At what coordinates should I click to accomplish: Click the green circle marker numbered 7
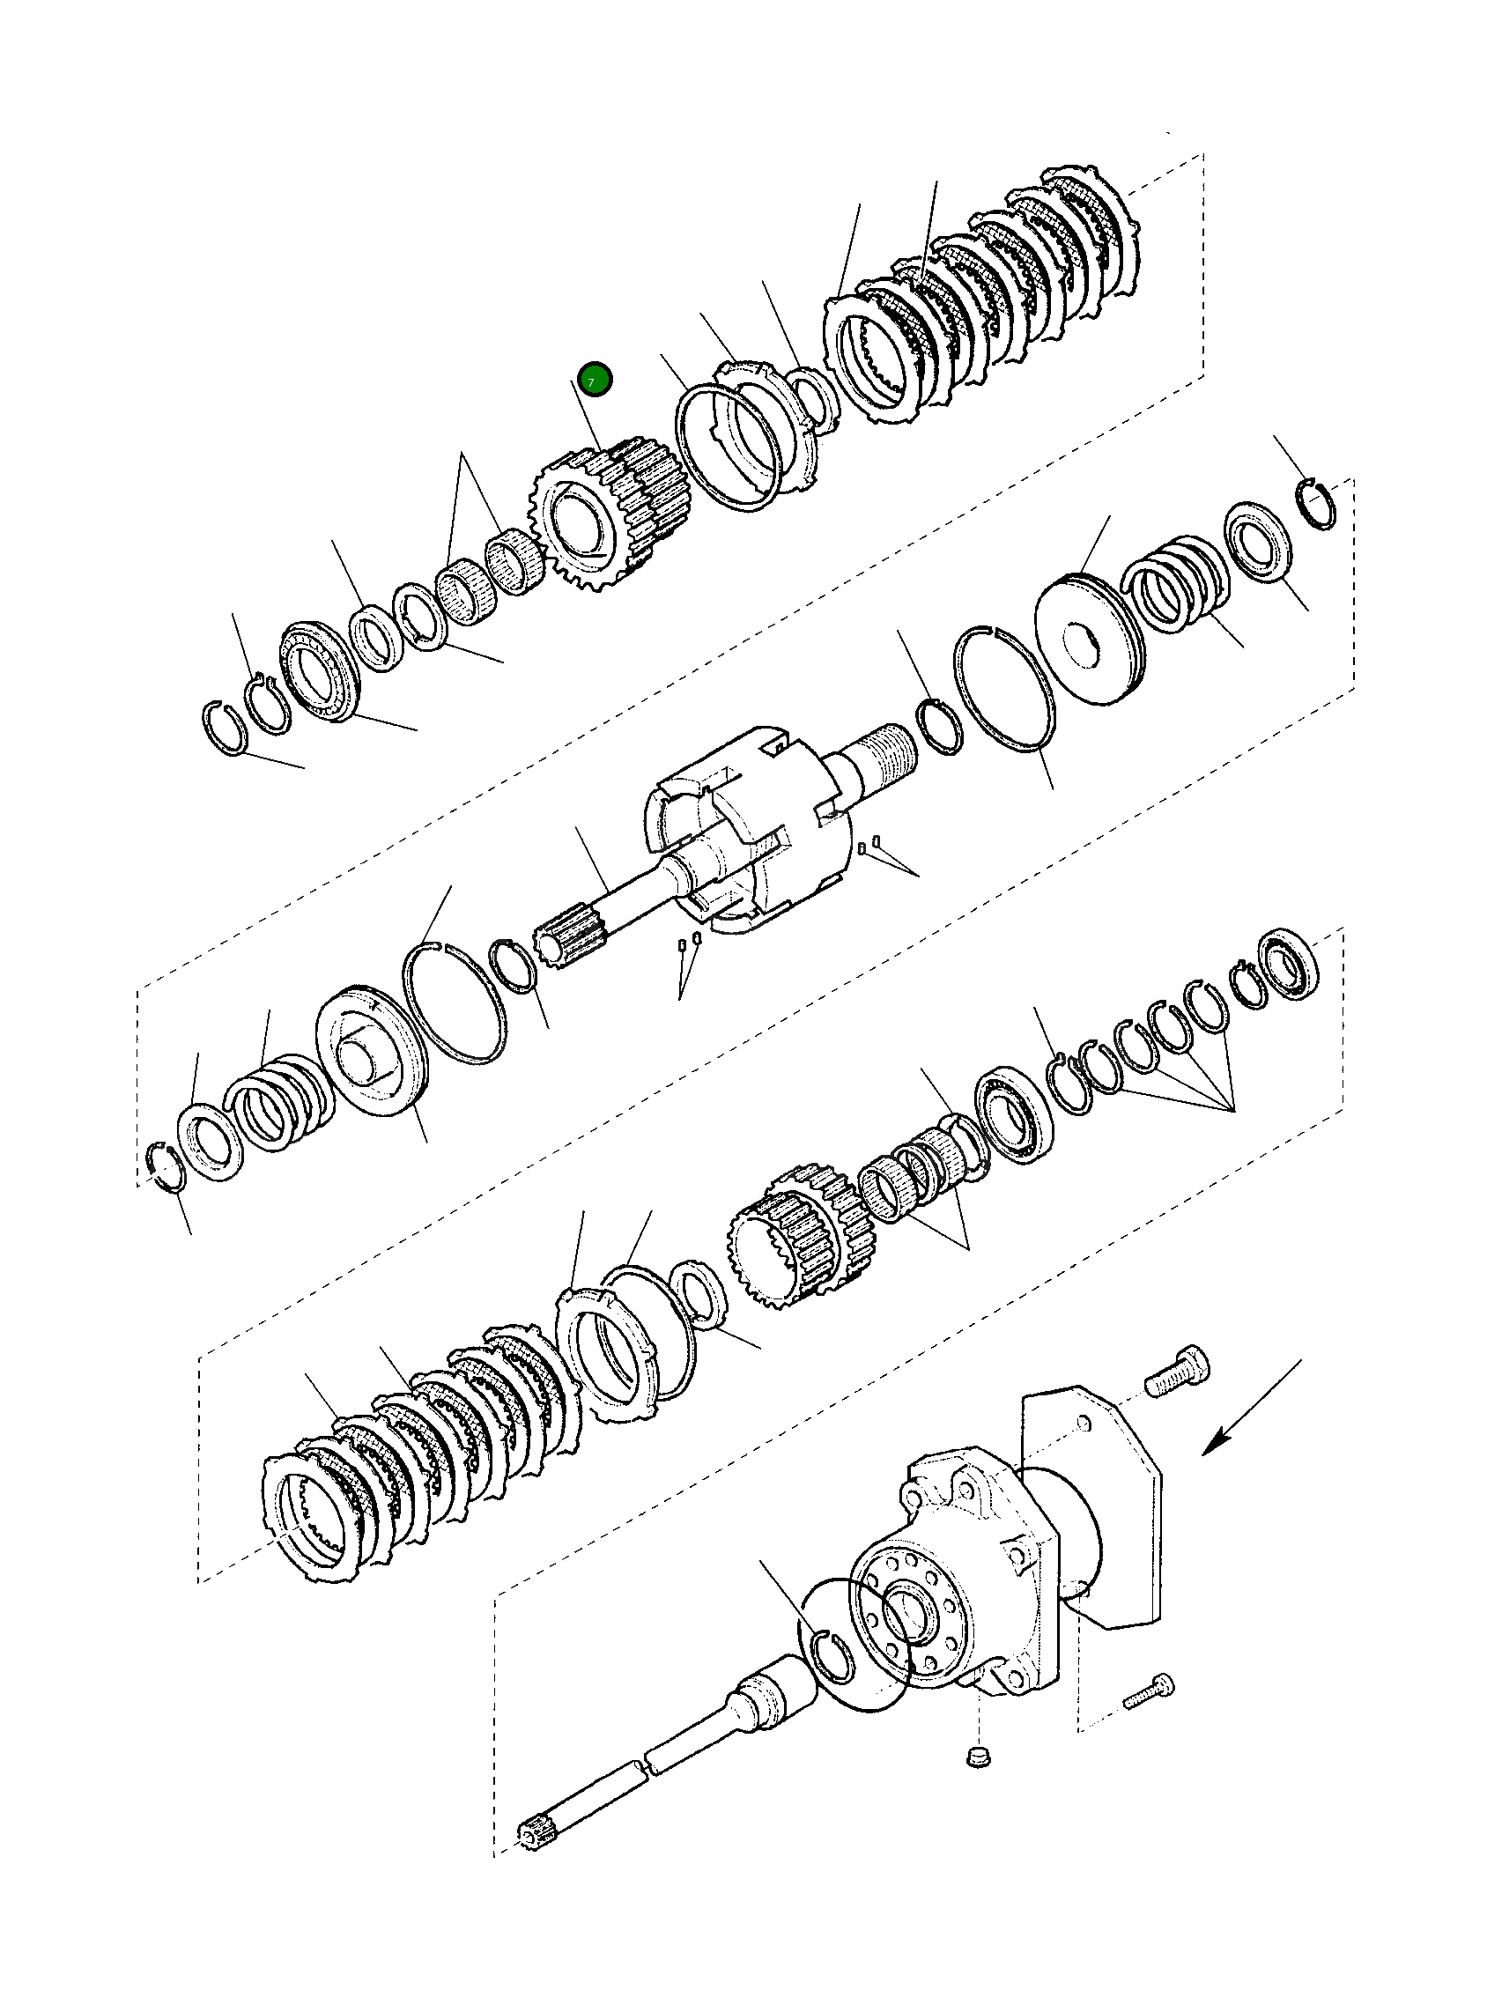595,380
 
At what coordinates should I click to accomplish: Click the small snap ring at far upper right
1320,506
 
